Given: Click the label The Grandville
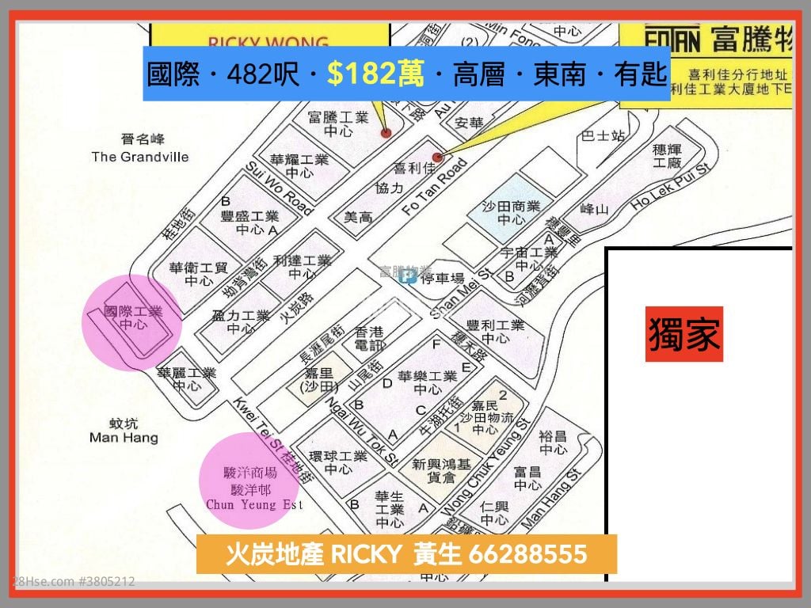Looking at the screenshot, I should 140,157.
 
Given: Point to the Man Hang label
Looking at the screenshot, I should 124,438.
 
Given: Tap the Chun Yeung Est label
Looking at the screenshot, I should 254,504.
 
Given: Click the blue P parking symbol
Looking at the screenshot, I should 409,275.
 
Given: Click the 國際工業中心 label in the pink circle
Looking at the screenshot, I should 133,318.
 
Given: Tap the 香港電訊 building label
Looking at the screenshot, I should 369,339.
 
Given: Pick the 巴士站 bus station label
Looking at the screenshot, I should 603,136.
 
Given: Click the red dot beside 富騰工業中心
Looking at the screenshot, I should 386,133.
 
